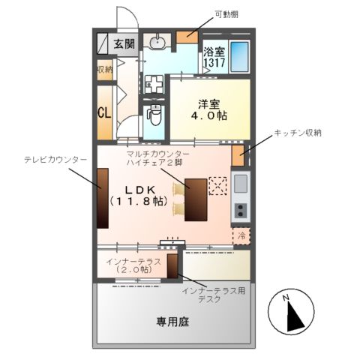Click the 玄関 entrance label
click(124, 43)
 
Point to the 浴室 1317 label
click(214, 58)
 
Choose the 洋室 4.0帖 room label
click(208, 112)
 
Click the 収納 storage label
click(103, 70)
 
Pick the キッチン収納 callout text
click(297, 133)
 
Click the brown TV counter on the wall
click(101, 196)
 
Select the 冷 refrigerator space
click(241, 235)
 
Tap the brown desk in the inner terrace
click(172, 267)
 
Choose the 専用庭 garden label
click(172, 322)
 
